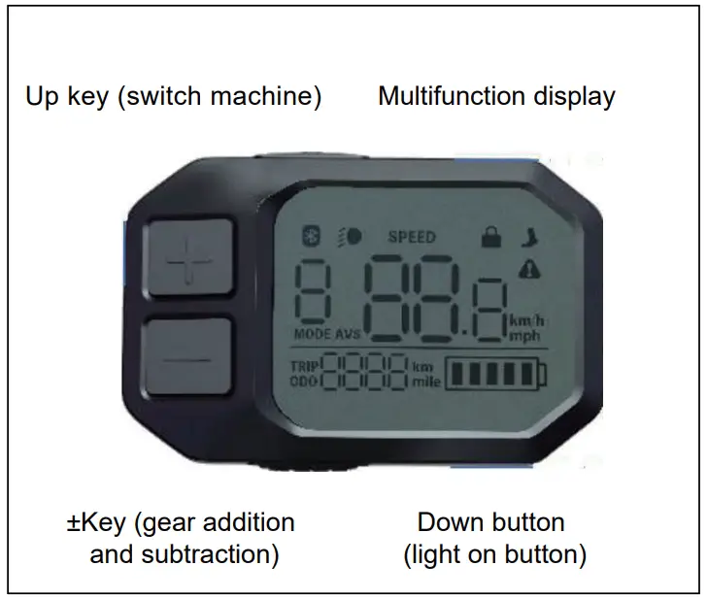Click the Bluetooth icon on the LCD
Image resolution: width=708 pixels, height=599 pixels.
click(x=313, y=236)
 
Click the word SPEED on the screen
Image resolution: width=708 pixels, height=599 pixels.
click(x=412, y=236)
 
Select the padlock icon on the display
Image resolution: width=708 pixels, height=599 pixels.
click(x=491, y=236)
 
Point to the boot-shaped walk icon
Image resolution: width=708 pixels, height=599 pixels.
click(x=529, y=236)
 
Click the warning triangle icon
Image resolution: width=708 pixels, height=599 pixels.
click(x=529, y=268)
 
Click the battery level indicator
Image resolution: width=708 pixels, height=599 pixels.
click(x=495, y=374)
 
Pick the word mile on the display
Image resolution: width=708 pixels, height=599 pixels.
click(x=425, y=383)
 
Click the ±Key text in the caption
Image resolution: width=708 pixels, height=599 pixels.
click(x=96, y=522)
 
